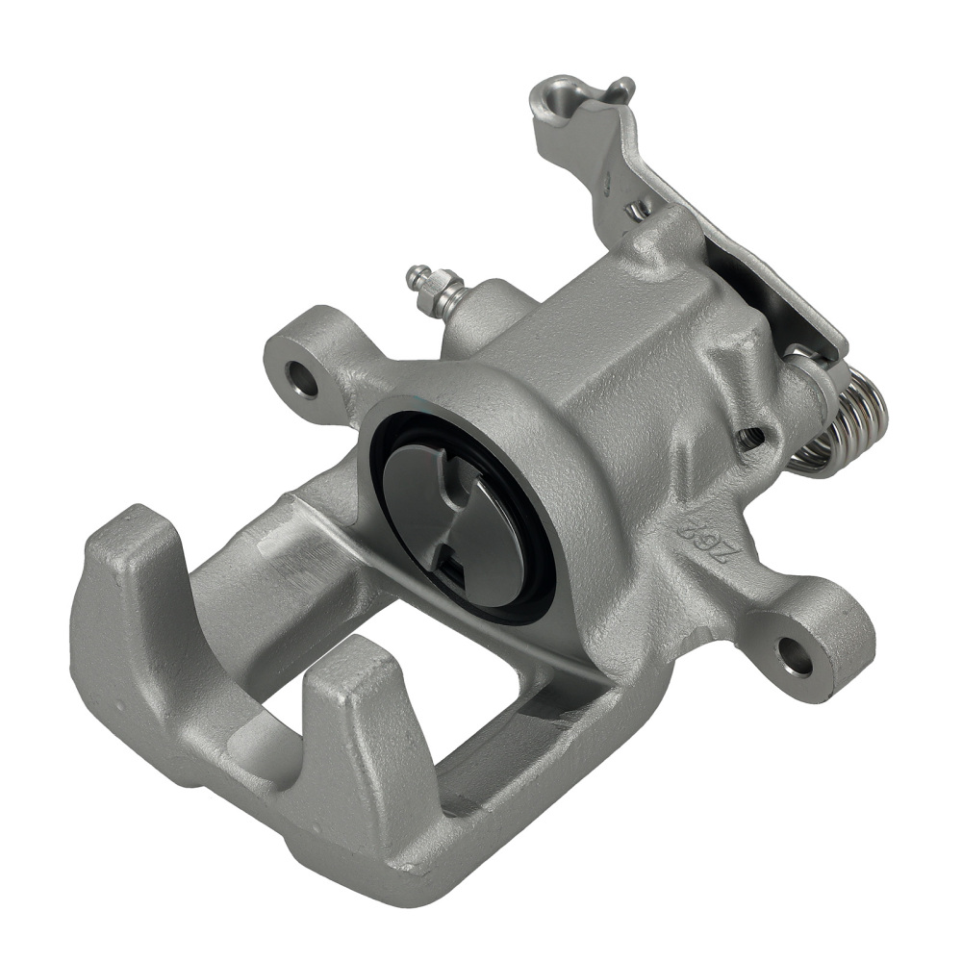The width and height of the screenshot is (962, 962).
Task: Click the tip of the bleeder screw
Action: (416, 273)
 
